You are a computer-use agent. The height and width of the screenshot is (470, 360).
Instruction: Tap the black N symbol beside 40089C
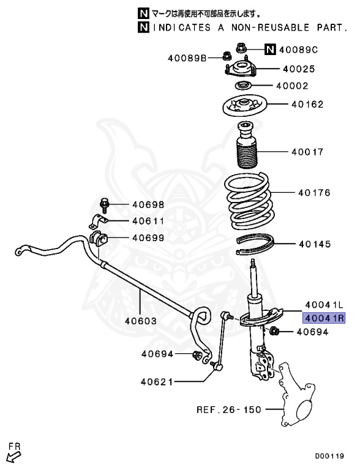click(270, 49)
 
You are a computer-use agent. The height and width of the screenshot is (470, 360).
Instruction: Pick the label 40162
click(307, 105)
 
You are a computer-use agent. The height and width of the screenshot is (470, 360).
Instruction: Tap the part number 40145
click(315, 244)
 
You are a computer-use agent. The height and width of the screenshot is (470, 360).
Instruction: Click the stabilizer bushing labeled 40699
click(98, 238)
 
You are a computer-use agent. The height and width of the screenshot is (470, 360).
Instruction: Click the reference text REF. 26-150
click(228, 409)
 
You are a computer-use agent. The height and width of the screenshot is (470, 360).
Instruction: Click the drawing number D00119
click(329, 456)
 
